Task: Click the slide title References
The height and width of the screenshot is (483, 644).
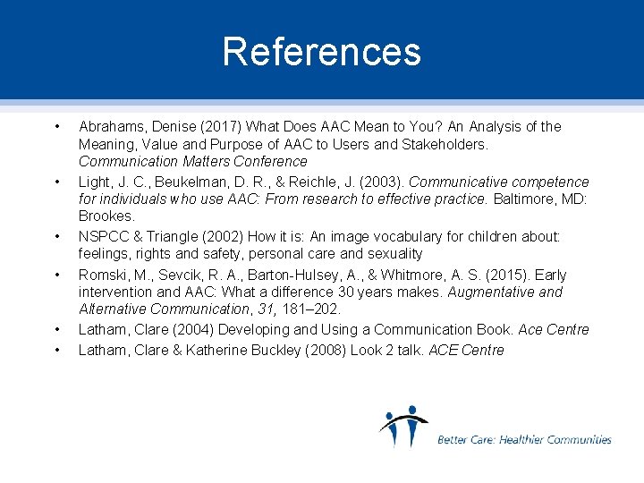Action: click(x=321, y=52)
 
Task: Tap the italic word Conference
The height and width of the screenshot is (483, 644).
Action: click(x=271, y=162)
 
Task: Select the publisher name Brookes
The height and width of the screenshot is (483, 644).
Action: click(x=106, y=216)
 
